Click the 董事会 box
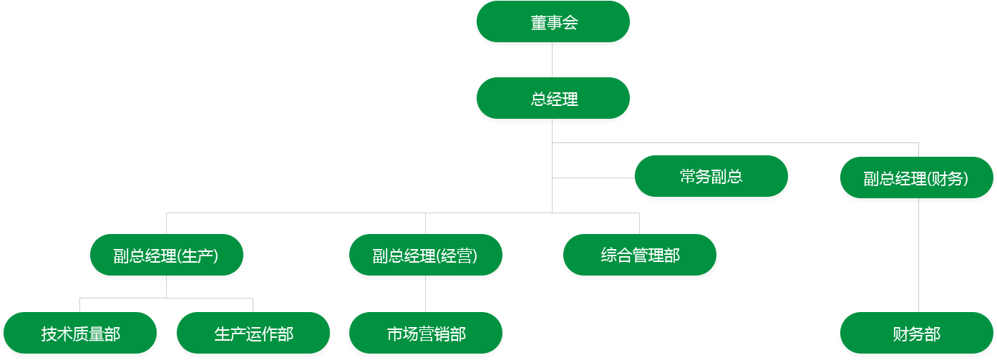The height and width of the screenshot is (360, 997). click(553, 23)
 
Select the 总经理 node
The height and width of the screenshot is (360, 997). click(553, 99)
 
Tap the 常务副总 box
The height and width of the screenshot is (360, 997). click(711, 177)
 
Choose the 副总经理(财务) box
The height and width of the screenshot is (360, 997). click(916, 179)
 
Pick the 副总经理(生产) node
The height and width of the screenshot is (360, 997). click(166, 256)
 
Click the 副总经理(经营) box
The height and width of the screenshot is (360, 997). click(425, 256)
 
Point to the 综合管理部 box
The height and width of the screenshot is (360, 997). click(640, 255)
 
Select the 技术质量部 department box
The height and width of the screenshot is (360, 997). click(80, 334)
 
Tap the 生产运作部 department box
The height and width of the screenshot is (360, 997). click(253, 334)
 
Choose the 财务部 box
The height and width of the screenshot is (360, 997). click(916, 334)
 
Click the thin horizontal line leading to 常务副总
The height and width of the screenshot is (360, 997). click(593, 177)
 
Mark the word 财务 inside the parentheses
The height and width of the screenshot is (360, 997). click(947, 179)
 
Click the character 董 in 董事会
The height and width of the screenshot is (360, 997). click(538, 23)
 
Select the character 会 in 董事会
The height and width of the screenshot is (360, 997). click(570, 23)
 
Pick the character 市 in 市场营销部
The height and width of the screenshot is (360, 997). click(395, 334)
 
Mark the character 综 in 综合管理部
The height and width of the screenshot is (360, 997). click(609, 255)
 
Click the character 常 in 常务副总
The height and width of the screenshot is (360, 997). click(688, 177)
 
